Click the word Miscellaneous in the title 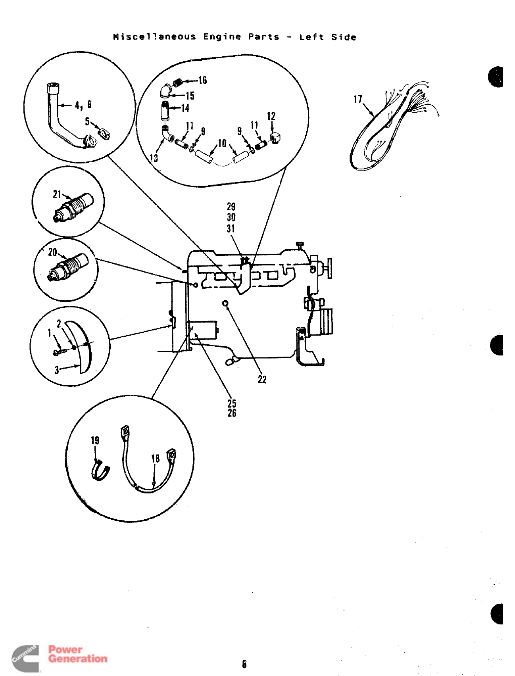click(154, 37)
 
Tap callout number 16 click(203, 81)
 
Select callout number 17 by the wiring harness click(357, 99)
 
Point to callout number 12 click(271, 116)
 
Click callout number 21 click(57, 194)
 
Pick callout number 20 click(52, 252)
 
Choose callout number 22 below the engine click(262, 380)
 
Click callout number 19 click(95, 441)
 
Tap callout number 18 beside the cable click(155, 459)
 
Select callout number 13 click(154, 158)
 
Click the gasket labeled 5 click(104, 133)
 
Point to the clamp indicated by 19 click(100, 471)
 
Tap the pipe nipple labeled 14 click(165, 111)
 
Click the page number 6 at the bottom click(244, 664)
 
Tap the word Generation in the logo click(78, 659)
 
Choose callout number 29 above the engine click(231, 207)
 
